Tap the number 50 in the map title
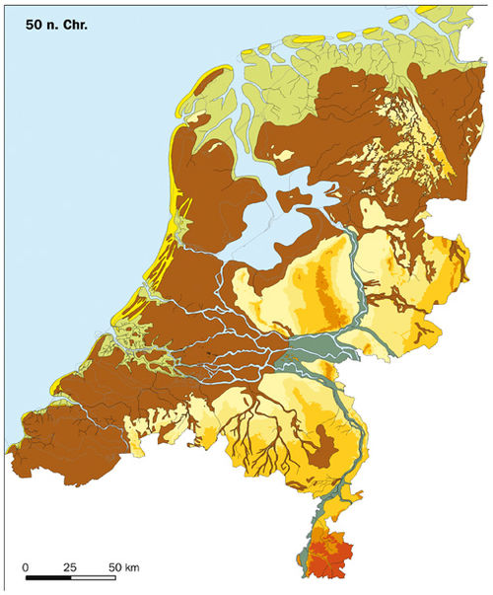(36, 19)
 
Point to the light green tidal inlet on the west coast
(123, 335)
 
